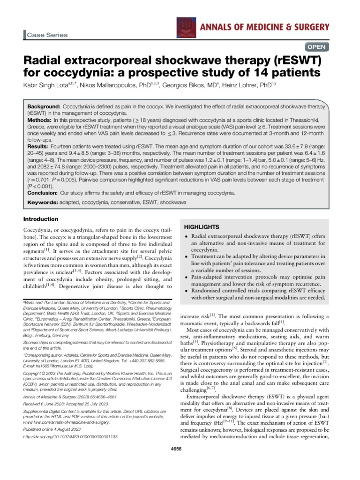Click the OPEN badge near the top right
coord(316,47)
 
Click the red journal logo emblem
coord(184,27)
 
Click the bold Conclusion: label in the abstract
coord(44,193)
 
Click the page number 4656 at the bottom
coord(180,448)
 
